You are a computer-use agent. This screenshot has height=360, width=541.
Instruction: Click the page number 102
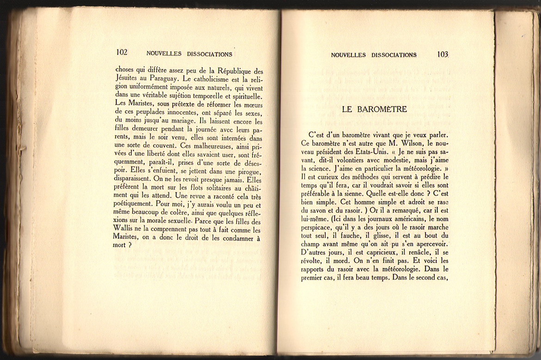pyautogui.click(x=122, y=53)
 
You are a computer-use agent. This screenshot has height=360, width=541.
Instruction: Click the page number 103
pyautogui.click(x=443, y=55)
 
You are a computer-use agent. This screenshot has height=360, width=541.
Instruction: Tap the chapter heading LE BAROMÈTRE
pyautogui.click(x=375, y=110)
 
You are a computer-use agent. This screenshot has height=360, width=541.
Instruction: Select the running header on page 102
pyautogui.click(x=189, y=54)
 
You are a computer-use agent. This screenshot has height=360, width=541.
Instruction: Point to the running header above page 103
pyautogui.click(x=374, y=55)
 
